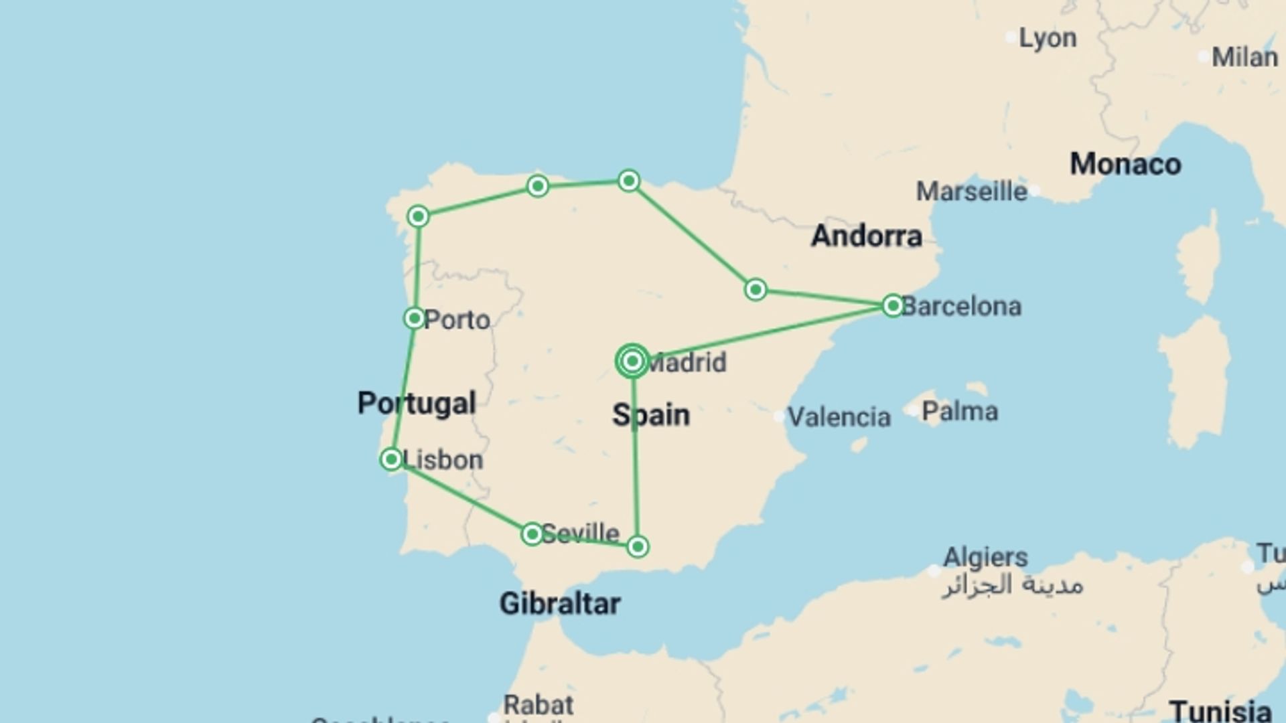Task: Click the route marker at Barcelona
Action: click(892, 306)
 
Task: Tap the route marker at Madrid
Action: click(632, 361)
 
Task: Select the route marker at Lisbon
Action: click(391, 459)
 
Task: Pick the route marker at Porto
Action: click(415, 318)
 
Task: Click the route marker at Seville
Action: click(532, 534)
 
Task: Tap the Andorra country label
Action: click(867, 236)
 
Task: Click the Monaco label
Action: click(1125, 164)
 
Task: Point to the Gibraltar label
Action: click(560, 604)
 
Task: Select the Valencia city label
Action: click(839, 417)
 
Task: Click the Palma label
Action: click(959, 411)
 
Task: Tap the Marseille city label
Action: click(971, 191)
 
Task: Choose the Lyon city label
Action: click(1048, 38)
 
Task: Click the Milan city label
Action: click(1244, 57)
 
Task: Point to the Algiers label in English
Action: click(985, 557)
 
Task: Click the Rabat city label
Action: click(539, 705)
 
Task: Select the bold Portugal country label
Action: click(417, 403)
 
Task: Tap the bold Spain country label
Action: click(650, 415)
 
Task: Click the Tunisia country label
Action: click(1220, 711)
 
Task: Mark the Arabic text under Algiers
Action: click(1012, 585)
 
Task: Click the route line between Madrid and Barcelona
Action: click(764, 333)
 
